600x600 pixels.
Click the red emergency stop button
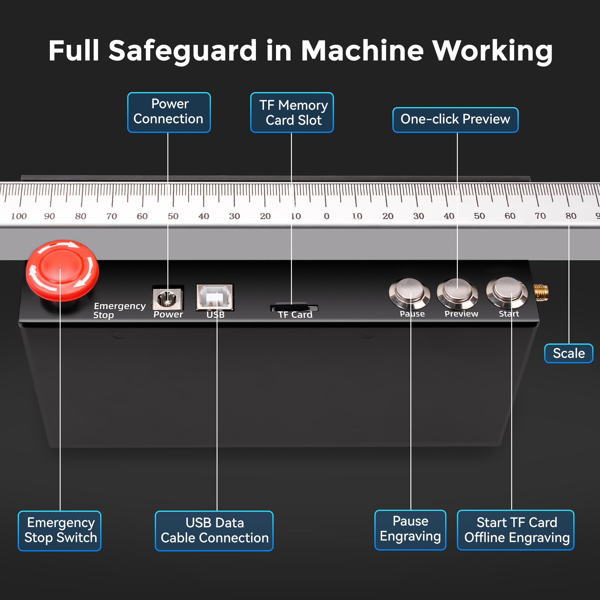click(62, 270)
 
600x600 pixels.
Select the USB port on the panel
click(215, 297)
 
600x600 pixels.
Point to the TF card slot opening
click(294, 307)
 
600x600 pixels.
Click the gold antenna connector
click(541, 292)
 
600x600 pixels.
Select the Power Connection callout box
click(169, 112)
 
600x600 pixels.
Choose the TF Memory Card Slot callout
click(292, 112)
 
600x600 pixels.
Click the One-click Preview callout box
click(455, 120)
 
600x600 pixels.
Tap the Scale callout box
click(568, 353)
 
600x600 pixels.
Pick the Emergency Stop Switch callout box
click(60, 531)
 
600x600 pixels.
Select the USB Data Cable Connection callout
click(214, 531)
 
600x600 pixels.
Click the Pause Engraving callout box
click(410, 530)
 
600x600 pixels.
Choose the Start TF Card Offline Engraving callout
click(515, 530)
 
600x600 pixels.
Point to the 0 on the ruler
click(326, 216)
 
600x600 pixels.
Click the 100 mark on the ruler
click(19, 216)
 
